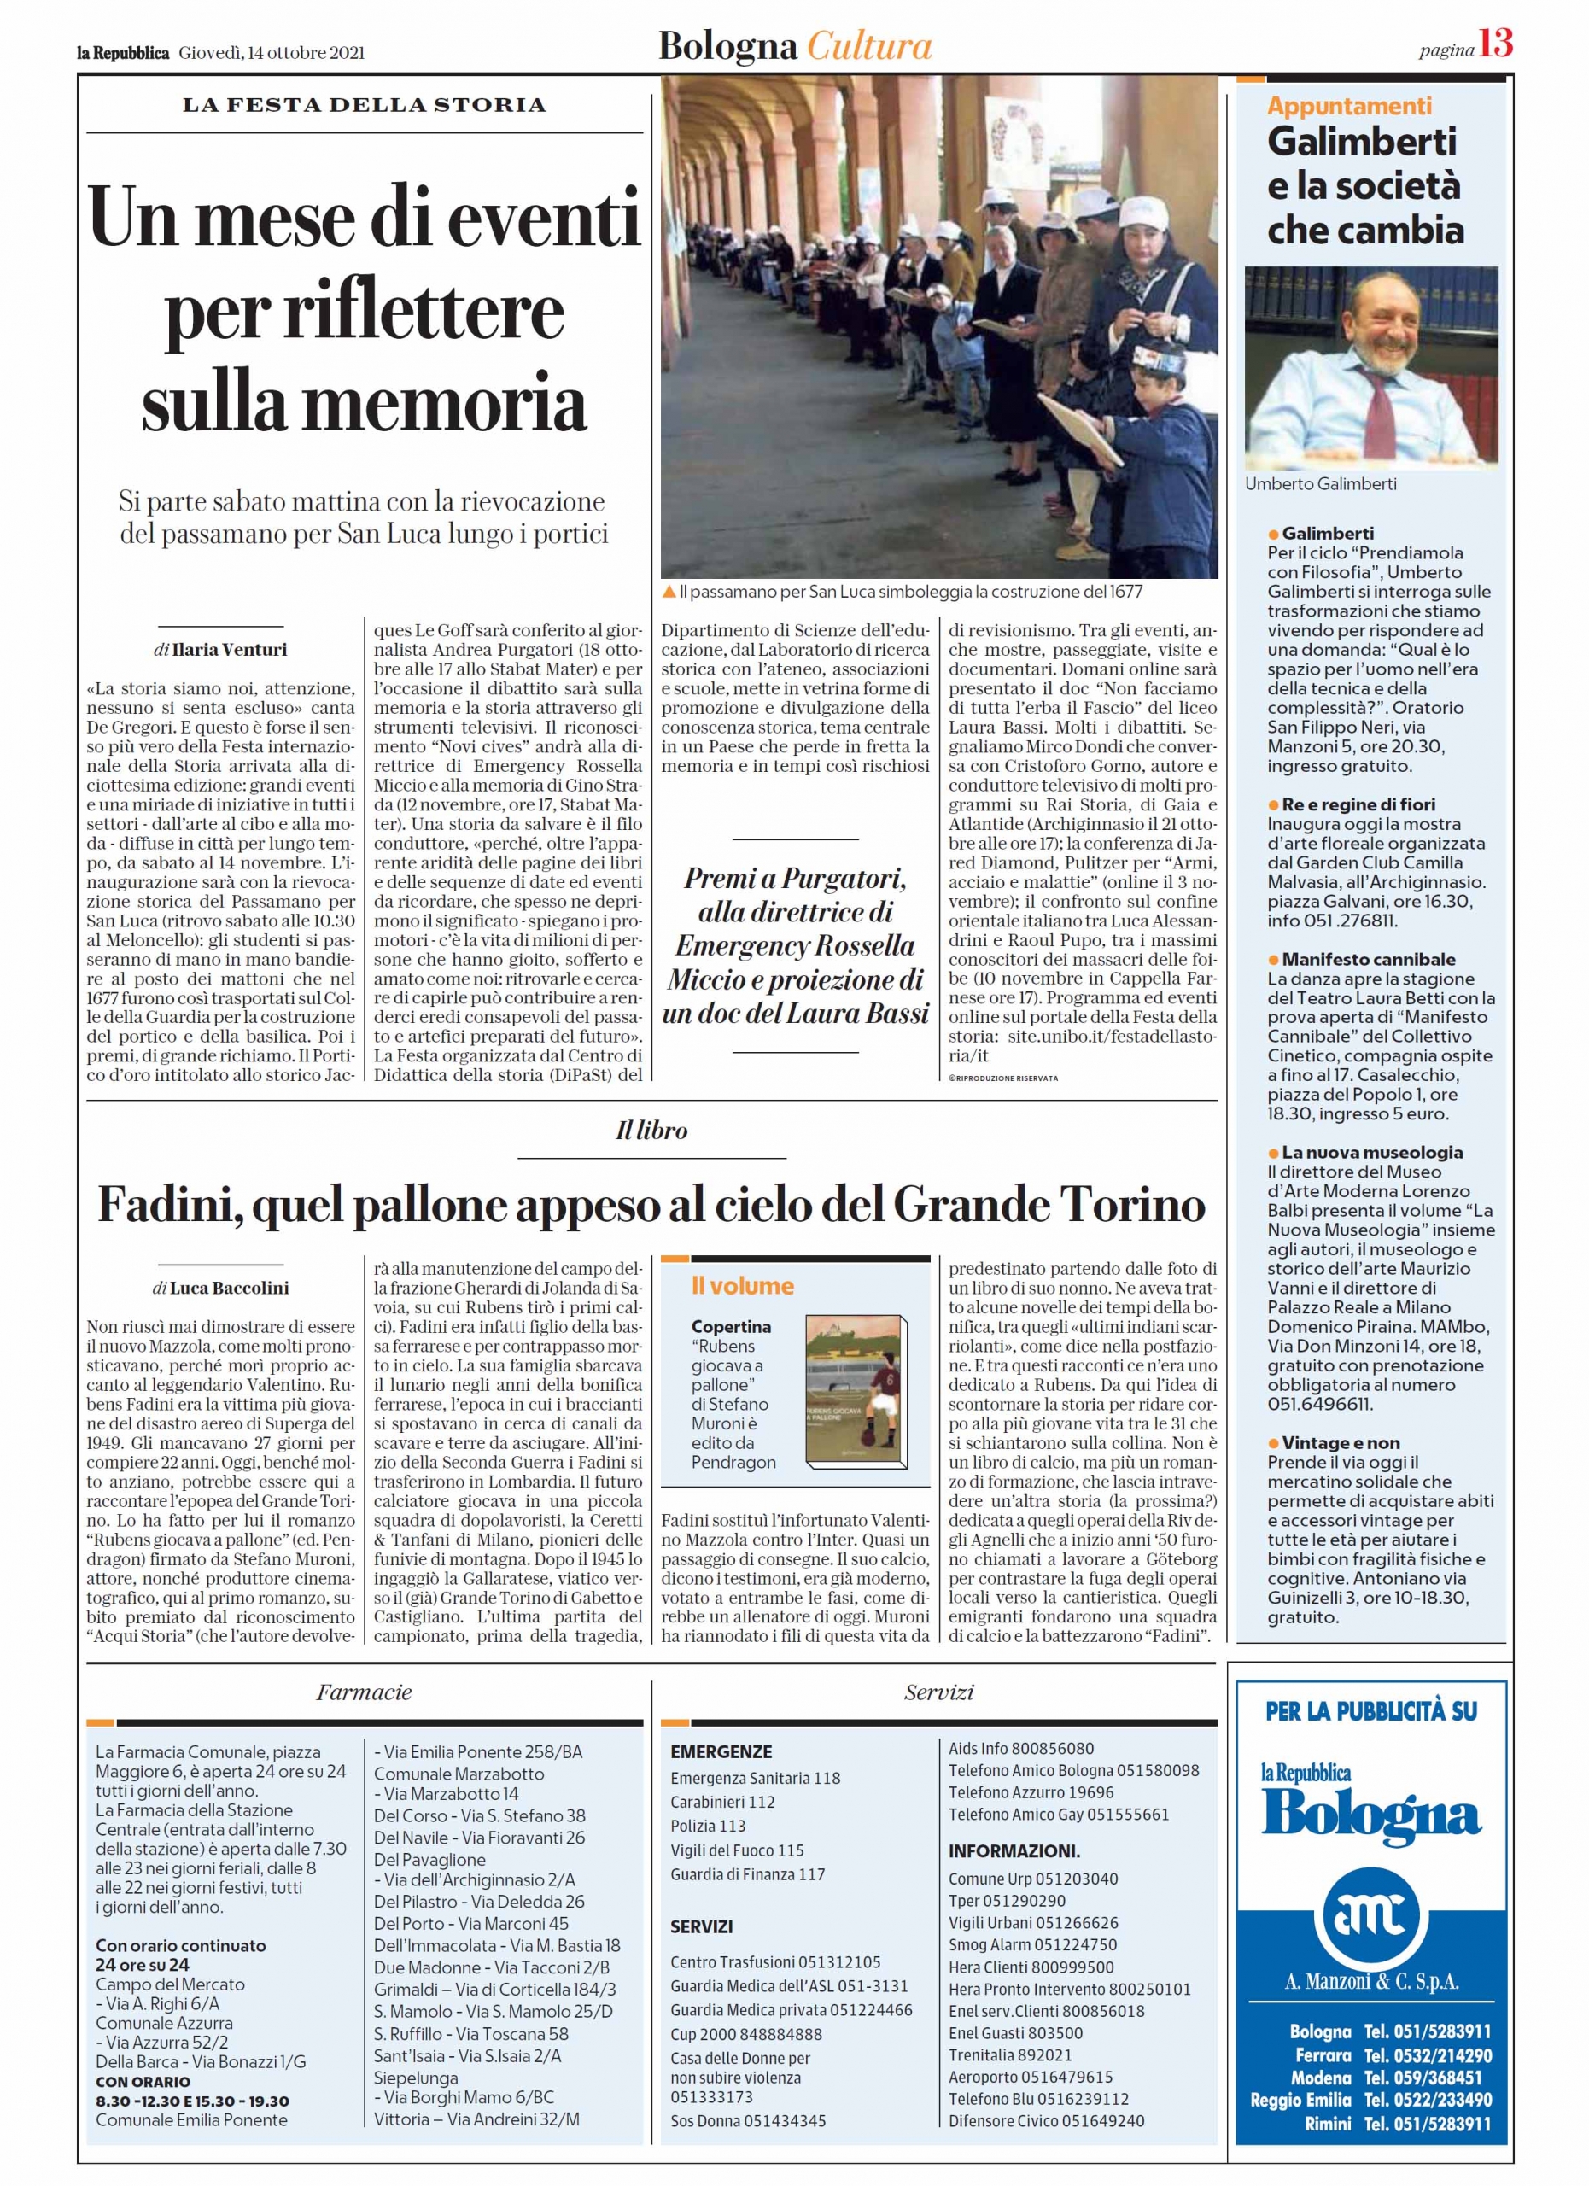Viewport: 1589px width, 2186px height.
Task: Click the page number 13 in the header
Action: tap(1496, 44)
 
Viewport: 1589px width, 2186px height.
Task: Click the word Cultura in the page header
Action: tap(869, 46)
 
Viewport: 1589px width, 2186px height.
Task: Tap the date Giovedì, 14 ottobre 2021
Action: tap(272, 53)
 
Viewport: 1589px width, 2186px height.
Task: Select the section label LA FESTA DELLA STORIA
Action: tap(365, 104)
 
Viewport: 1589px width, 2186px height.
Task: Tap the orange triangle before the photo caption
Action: tap(669, 591)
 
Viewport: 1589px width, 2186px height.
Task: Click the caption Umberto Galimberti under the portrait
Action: tap(1320, 484)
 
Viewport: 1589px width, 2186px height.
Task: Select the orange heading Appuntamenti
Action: tap(1349, 106)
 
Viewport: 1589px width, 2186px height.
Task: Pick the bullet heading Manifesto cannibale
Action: tap(1369, 959)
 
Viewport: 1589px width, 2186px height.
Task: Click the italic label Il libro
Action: tap(651, 1131)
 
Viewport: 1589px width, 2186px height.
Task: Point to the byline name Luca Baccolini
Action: tap(230, 1288)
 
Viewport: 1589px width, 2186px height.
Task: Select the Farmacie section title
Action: tap(365, 1692)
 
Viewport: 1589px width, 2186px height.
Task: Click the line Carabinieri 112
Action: tap(722, 1802)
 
